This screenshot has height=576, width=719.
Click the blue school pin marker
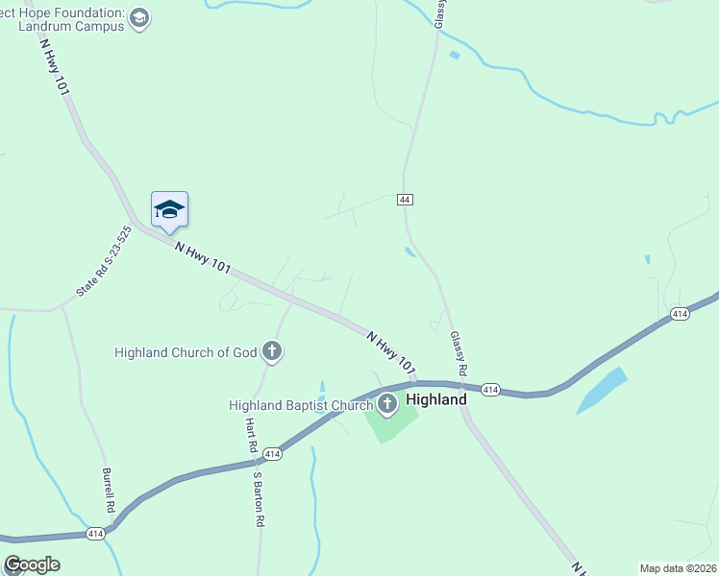(x=169, y=211)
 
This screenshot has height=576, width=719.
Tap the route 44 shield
(x=405, y=199)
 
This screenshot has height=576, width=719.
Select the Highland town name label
(x=436, y=399)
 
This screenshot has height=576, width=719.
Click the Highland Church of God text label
(x=186, y=352)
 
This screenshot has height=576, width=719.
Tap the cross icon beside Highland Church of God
(x=272, y=352)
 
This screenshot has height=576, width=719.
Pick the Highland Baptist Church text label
(x=300, y=405)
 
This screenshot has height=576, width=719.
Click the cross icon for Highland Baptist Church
(x=387, y=404)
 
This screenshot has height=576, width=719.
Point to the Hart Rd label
(x=248, y=435)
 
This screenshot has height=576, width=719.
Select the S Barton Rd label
(x=258, y=497)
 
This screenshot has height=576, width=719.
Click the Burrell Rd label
(x=108, y=490)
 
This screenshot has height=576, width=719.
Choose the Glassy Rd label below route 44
(x=458, y=353)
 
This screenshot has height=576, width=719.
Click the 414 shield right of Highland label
(x=490, y=389)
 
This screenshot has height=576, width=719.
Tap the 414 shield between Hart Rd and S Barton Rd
(x=271, y=452)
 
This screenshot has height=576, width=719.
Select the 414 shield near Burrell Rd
(x=95, y=532)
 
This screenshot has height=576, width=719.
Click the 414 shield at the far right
(x=680, y=314)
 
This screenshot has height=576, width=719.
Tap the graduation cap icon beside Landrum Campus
(x=140, y=19)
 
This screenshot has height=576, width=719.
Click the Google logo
(x=32, y=564)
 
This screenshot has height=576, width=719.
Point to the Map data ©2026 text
(x=677, y=568)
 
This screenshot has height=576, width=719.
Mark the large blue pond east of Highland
(x=602, y=390)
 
